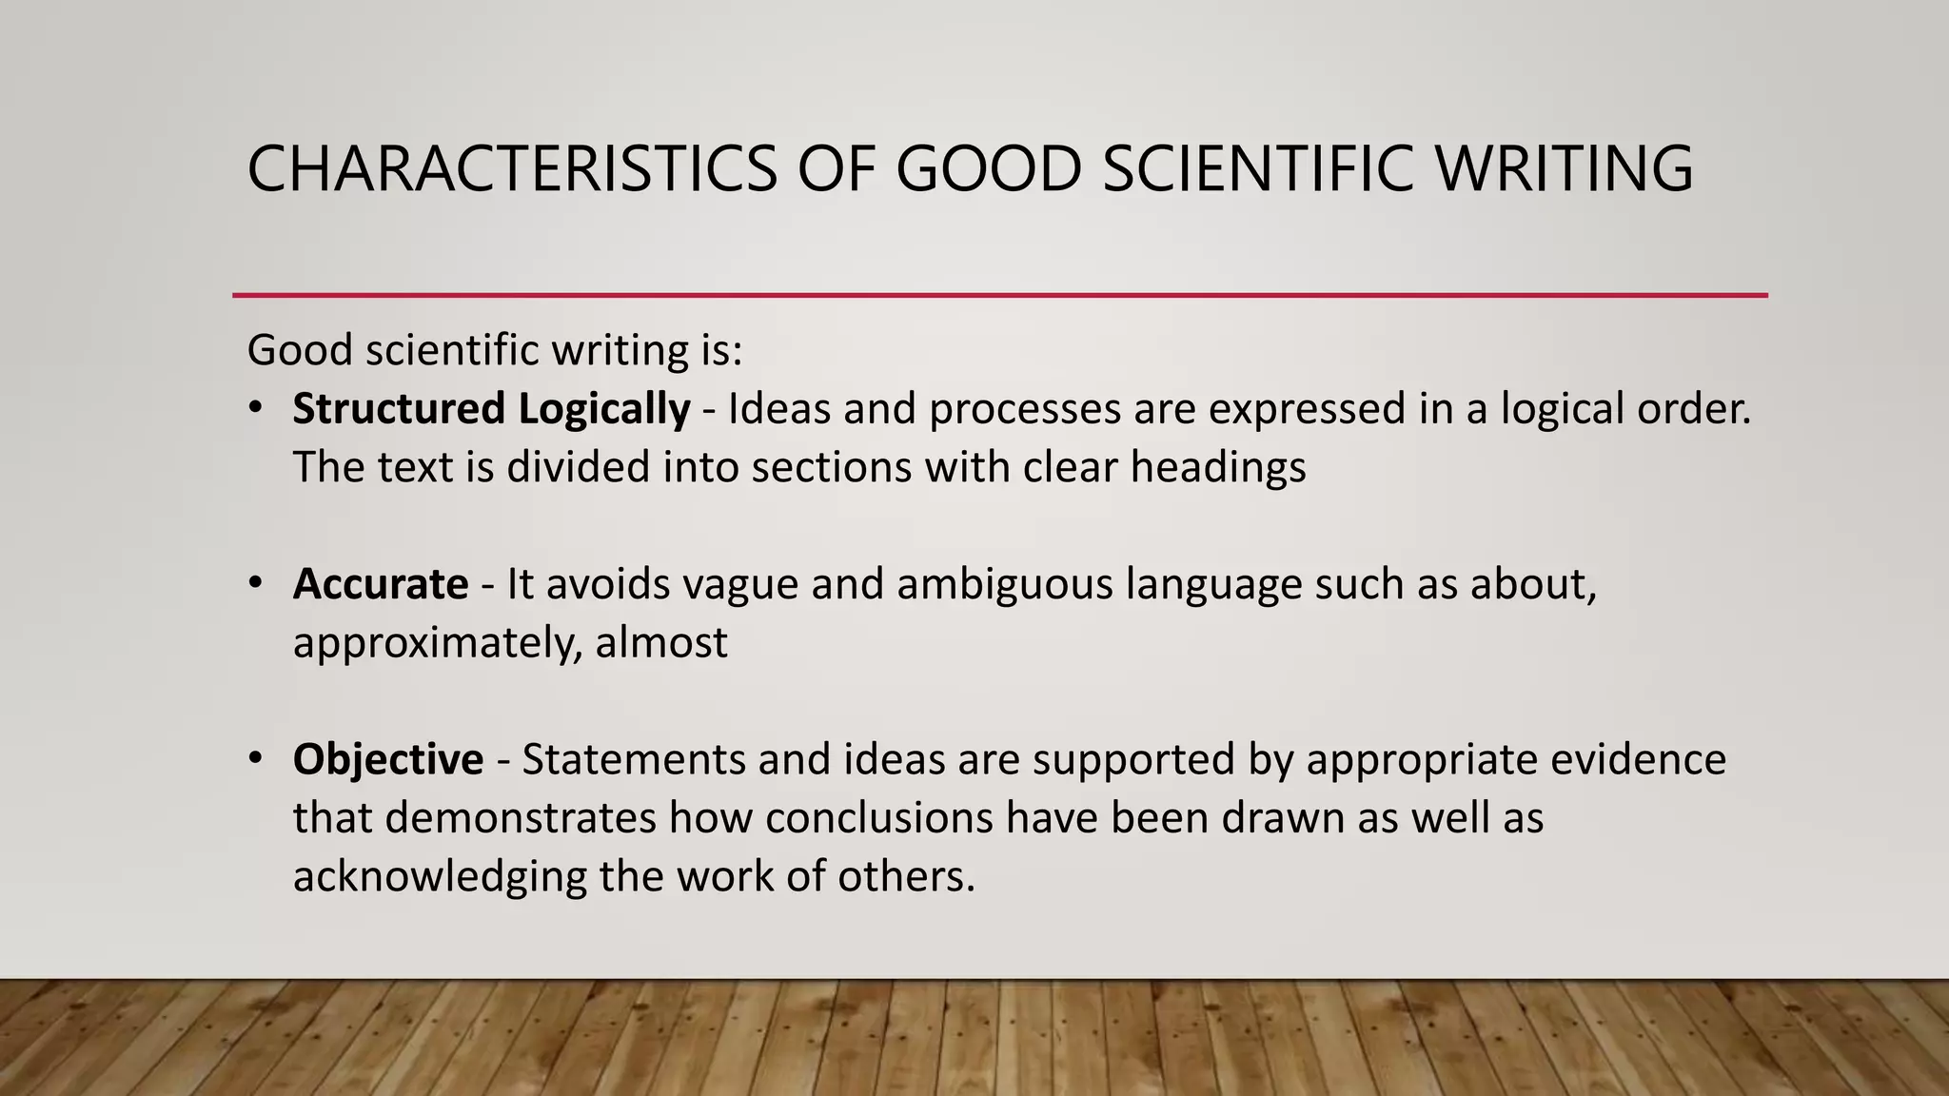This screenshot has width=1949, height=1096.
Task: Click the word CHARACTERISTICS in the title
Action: (512, 169)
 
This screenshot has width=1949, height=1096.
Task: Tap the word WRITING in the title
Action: (1564, 169)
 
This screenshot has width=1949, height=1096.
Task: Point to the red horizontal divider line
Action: (999, 296)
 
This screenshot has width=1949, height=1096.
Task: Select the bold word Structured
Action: (399, 409)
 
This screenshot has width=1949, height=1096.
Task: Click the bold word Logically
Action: (604, 409)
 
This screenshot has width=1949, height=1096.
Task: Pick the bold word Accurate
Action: (381, 584)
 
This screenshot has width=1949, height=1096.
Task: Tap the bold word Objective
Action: (388, 759)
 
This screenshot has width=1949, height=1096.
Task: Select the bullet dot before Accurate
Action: (254, 583)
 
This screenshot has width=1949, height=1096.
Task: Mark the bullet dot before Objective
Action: (254, 758)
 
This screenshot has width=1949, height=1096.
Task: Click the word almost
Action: (661, 643)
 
